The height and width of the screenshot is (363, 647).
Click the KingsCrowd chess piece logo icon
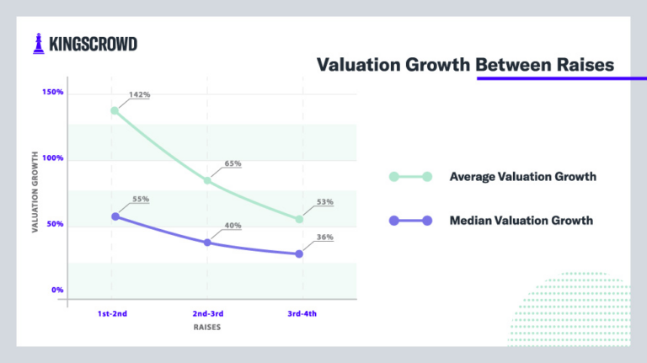click(x=39, y=44)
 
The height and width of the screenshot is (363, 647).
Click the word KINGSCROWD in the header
click(x=92, y=44)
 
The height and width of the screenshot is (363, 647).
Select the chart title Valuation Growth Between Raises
click(x=466, y=65)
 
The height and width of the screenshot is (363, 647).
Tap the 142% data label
click(x=140, y=95)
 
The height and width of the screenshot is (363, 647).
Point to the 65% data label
click(x=233, y=163)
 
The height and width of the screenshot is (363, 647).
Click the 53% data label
click(x=325, y=202)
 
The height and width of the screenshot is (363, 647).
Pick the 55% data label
click(x=140, y=200)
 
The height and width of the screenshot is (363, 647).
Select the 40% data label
click(x=233, y=226)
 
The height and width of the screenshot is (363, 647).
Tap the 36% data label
click(x=325, y=238)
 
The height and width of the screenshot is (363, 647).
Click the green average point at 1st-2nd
click(x=115, y=110)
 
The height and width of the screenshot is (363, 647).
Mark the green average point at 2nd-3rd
click(x=207, y=180)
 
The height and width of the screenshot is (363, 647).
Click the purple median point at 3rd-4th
click(x=299, y=254)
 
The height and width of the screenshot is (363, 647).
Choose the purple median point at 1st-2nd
click(x=115, y=216)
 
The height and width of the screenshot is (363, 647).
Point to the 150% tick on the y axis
click(x=52, y=92)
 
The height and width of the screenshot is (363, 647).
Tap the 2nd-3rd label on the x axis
click(x=206, y=314)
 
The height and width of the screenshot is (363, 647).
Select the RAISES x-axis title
click(x=206, y=328)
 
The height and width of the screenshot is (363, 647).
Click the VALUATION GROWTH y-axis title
click(x=36, y=193)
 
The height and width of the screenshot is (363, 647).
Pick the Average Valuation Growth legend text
click(x=522, y=177)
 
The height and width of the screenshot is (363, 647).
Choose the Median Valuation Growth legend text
click(x=521, y=221)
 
